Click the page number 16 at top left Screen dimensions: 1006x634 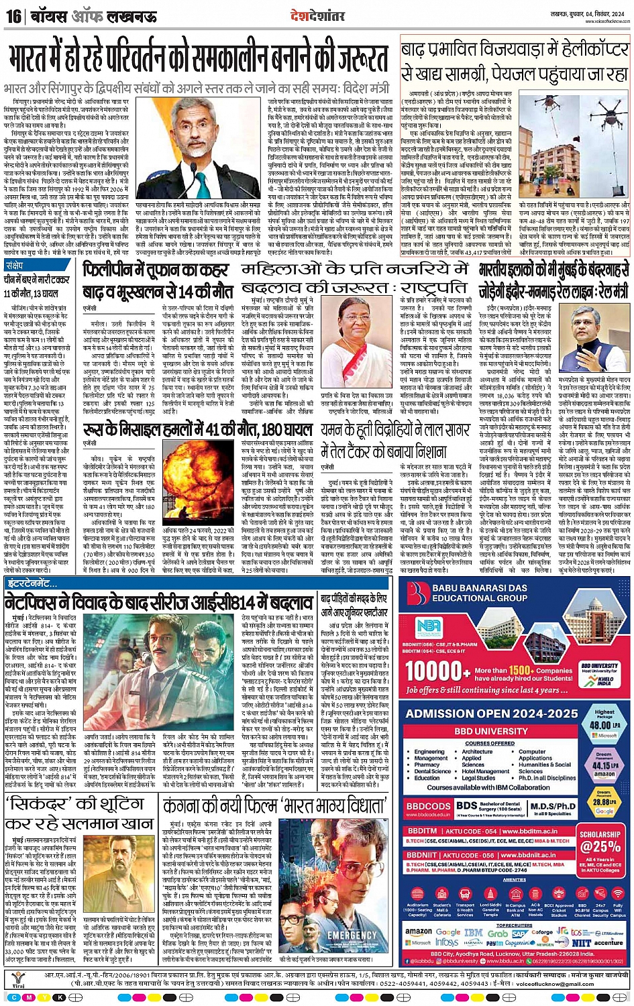coord(13,15)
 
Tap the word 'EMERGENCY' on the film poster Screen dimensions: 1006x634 coord(351,934)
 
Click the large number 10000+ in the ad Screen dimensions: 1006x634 coord(437,672)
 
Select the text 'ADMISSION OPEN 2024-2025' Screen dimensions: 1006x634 coord(491,714)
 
